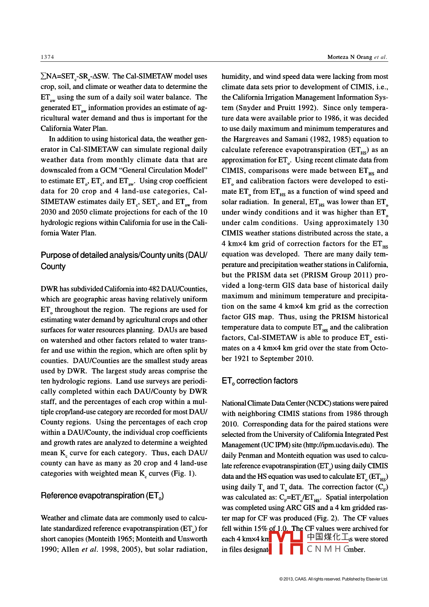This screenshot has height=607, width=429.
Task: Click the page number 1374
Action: coord(47,57)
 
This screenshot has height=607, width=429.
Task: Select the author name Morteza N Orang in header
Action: coord(349,57)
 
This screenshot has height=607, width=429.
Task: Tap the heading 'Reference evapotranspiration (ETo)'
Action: coord(102,496)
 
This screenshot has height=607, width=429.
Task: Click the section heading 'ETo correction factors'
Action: coord(260,381)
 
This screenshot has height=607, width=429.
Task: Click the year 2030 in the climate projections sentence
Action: coord(48,212)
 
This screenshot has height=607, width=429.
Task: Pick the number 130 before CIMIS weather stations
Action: coord(382,223)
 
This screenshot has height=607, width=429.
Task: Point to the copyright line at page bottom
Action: coord(333,579)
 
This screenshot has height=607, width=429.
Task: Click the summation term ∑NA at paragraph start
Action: coord(48,76)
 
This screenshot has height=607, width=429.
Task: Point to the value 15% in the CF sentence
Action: coord(260,529)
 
